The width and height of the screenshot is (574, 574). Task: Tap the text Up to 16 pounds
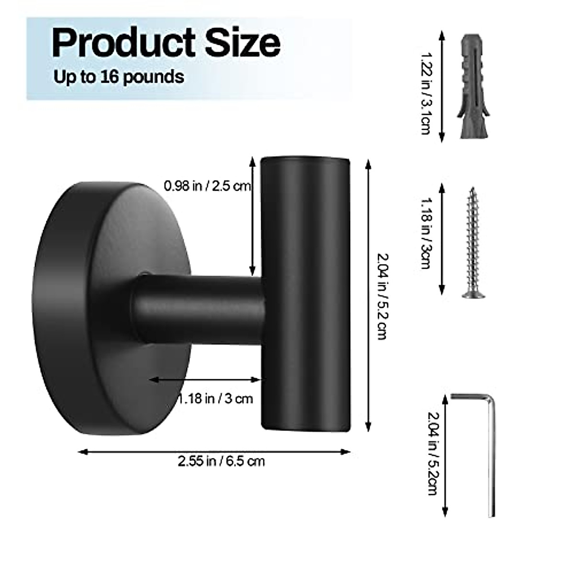[119, 77]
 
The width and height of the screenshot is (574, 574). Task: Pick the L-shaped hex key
[491, 454]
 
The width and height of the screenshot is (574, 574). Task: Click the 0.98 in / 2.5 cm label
[207, 186]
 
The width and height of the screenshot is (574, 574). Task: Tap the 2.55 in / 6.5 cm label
[221, 462]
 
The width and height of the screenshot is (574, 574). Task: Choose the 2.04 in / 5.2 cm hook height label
[382, 296]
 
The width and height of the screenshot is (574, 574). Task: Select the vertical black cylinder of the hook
[305, 297]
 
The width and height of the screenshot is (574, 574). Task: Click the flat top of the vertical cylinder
[305, 158]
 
